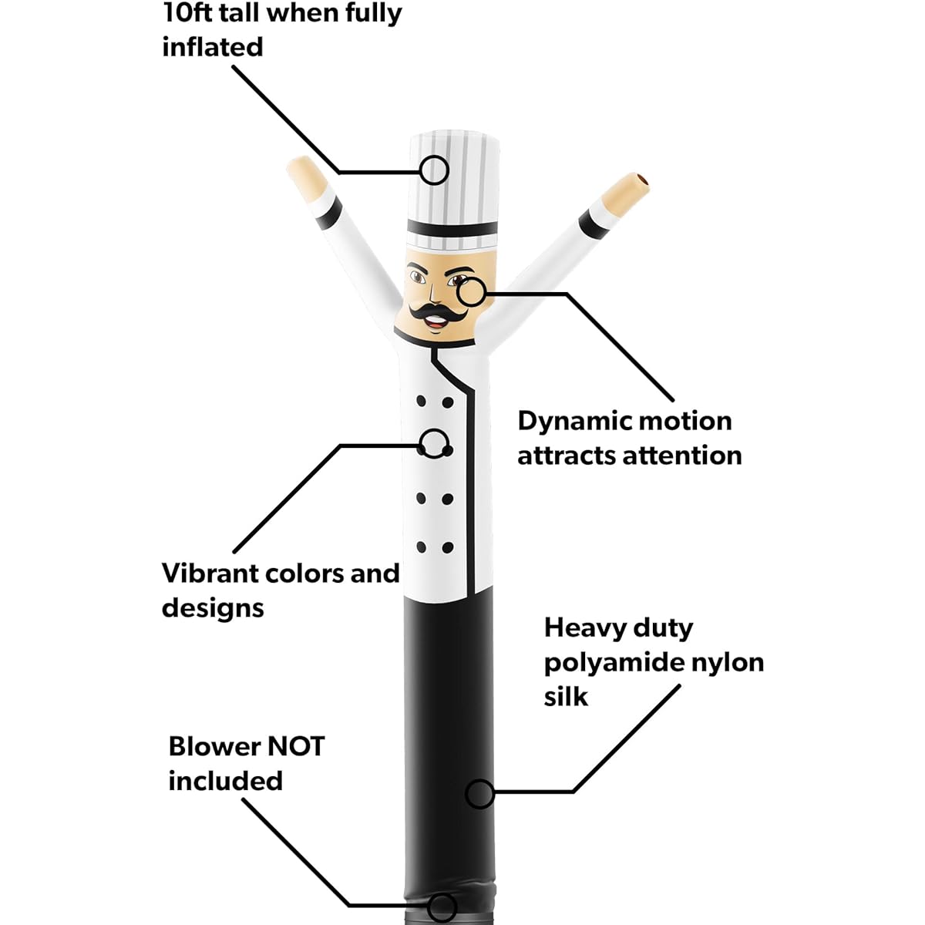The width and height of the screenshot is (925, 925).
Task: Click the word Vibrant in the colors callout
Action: [212, 573]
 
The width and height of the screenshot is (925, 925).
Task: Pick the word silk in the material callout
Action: [566, 696]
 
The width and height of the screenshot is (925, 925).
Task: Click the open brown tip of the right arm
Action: [643, 182]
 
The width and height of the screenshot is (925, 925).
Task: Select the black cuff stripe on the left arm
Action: [329, 213]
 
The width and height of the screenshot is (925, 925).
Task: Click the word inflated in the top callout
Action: [213, 47]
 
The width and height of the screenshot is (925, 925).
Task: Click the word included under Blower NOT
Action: [226, 781]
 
